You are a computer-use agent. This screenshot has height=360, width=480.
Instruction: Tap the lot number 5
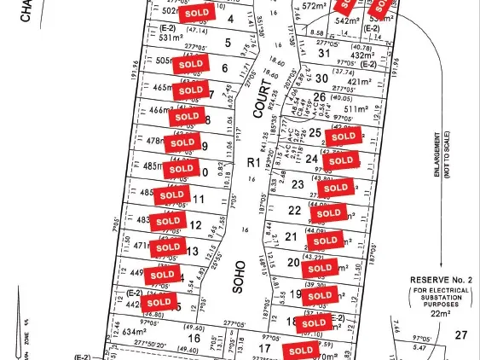pyautogui.click(x=228, y=42)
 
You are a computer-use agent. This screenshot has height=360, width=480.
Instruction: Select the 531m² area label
pyautogui.click(x=173, y=38)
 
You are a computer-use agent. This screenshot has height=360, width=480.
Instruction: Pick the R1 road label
pyautogui.click(x=252, y=162)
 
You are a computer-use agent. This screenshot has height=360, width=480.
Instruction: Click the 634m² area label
pyautogui.click(x=136, y=333)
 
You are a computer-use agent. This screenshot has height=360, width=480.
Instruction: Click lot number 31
pyautogui.click(x=322, y=54)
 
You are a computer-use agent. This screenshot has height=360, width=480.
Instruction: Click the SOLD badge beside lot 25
pyautogui.click(x=344, y=136)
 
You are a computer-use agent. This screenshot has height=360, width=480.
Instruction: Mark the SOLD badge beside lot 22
pyautogui.click(x=327, y=213)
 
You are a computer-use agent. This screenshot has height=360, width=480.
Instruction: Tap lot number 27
pyautogui.click(x=462, y=335)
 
